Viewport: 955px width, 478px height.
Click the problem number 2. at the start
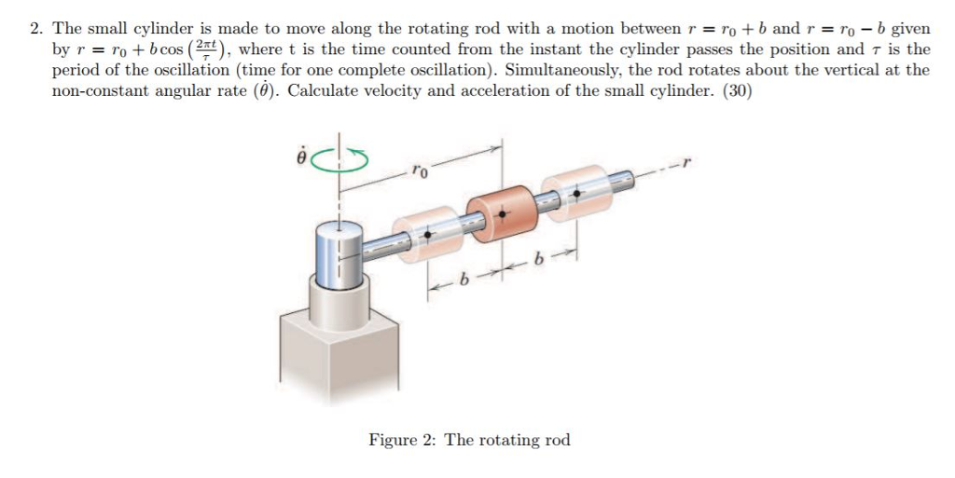pyautogui.click(x=36, y=29)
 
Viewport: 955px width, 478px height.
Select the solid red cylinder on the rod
pyautogui.click(x=503, y=215)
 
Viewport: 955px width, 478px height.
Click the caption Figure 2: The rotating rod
pyautogui.click(x=469, y=440)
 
